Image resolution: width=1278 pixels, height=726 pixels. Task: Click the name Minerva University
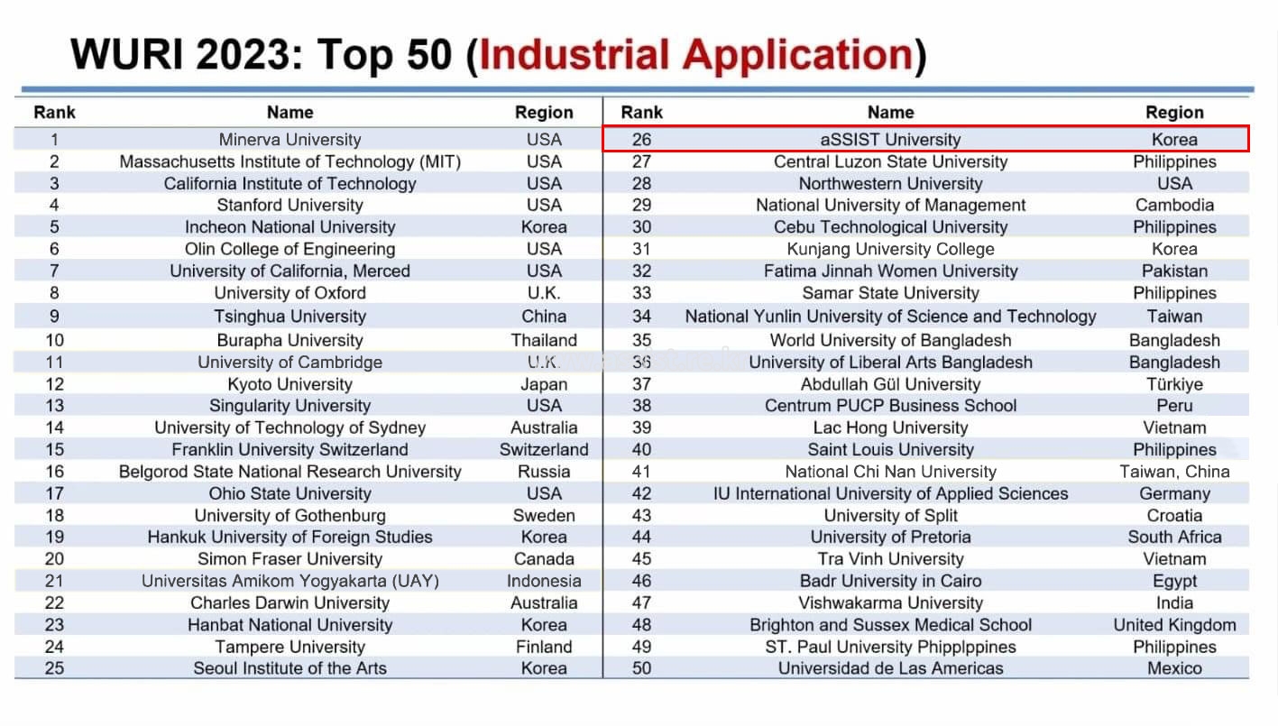[290, 140]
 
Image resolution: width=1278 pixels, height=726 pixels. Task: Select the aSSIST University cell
[890, 140]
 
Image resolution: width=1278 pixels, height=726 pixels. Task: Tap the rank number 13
[55, 406]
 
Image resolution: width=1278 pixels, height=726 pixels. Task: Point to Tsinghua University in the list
[290, 317]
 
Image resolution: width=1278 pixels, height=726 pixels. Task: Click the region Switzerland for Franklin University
[544, 449]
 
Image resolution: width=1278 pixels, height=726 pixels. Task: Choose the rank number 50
[641, 668]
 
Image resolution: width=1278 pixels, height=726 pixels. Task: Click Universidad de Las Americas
[890, 668]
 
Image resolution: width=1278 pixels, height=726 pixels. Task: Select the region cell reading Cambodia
[1174, 205]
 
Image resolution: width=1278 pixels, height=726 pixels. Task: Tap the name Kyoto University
[290, 384]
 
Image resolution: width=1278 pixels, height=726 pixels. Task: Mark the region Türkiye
[1174, 384]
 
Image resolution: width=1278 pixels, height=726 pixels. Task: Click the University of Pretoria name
[890, 537]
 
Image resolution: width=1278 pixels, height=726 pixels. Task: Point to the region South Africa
[1174, 537]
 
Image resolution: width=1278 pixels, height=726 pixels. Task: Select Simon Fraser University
[290, 559]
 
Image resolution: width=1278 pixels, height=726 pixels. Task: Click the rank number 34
[641, 317]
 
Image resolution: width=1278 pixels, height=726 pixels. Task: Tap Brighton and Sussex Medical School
[890, 625]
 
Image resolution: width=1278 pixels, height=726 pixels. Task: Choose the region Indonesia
[544, 581]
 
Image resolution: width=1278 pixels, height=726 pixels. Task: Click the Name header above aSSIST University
[890, 113]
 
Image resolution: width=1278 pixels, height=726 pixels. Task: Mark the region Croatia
[1174, 515]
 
